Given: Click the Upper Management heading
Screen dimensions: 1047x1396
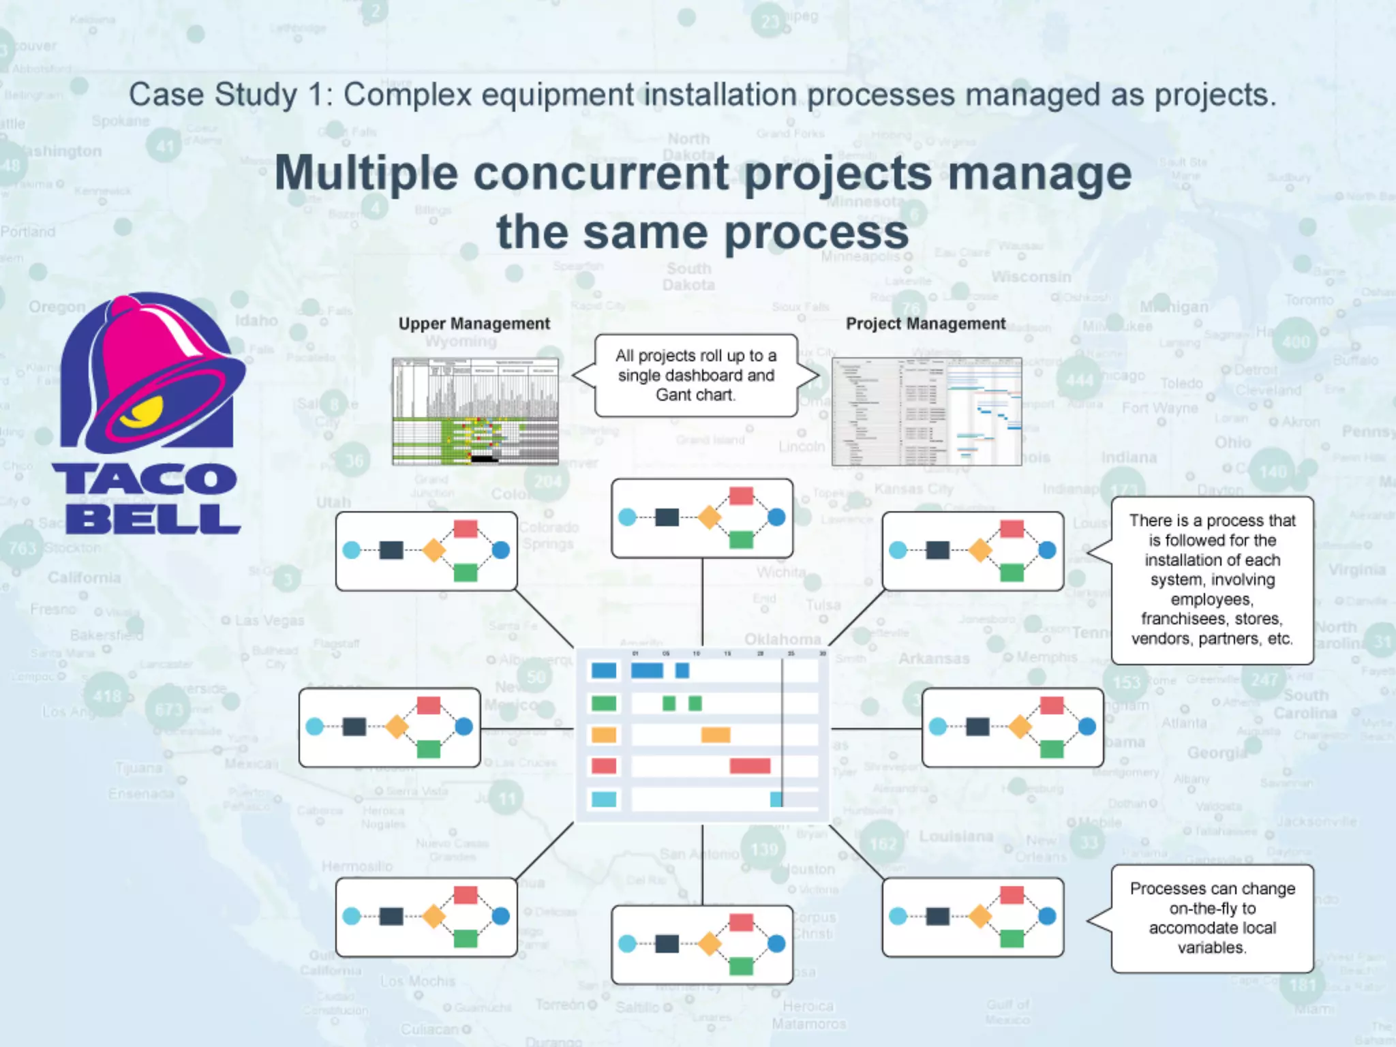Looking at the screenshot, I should pyautogui.click(x=474, y=324).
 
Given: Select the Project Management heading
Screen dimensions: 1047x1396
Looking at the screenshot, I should pyautogui.click(x=925, y=324).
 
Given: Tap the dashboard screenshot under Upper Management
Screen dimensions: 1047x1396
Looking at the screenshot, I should pyautogui.click(x=475, y=411).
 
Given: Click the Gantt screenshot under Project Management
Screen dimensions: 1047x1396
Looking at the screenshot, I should pyautogui.click(x=926, y=411).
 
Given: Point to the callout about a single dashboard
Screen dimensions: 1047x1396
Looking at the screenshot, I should pyautogui.click(x=695, y=375).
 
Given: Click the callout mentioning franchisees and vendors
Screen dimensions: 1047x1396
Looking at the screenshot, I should pyautogui.click(x=1212, y=579).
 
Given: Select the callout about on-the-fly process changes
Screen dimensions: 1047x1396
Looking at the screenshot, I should pyautogui.click(x=1212, y=917).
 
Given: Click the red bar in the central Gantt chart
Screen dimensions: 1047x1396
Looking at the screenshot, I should pyautogui.click(x=750, y=765).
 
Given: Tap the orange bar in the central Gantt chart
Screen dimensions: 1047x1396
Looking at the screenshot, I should pyautogui.click(x=716, y=734).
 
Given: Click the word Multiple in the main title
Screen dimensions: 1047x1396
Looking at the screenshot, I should pyautogui.click(x=366, y=173).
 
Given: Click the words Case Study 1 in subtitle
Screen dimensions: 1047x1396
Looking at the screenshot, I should pyautogui.click(x=223, y=95).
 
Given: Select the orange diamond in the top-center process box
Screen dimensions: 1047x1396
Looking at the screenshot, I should pyautogui.click(x=709, y=517).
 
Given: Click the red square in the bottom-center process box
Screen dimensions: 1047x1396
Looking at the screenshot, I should pyautogui.click(x=741, y=923).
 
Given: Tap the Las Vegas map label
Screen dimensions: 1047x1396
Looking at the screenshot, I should pyautogui.click(x=269, y=620).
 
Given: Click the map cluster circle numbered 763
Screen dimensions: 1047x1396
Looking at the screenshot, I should pyautogui.click(x=22, y=547).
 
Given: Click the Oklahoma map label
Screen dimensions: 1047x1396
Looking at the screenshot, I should pyautogui.click(x=782, y=639).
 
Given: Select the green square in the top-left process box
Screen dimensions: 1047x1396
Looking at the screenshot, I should pyautogui.click(x=466, y=573).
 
